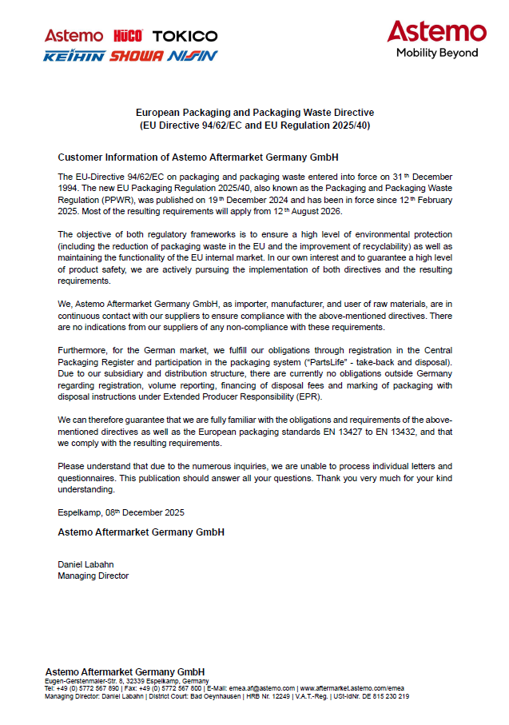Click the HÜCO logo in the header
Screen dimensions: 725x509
tap(128, 36)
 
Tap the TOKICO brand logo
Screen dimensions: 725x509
tap(185, 36)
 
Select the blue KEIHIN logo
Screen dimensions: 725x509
tap(74, 56)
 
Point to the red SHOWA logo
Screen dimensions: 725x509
tap(137, 56)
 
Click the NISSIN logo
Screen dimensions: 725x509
tap(192, 56)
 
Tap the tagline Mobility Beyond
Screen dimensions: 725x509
tap(437, 53)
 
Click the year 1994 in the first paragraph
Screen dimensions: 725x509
tap(70, 187)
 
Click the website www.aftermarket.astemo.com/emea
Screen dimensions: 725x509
tap(352, 688)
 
